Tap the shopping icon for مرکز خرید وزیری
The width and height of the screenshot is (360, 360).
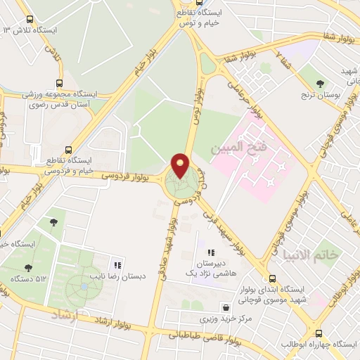pos(225,307)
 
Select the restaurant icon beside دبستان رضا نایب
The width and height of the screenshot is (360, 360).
pos(117,265)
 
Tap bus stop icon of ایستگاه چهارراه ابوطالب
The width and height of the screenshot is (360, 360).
pos(320,333)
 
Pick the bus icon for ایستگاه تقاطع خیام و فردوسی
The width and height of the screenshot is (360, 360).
pos(68,150)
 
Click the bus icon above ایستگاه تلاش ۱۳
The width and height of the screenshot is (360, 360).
pos(29,19)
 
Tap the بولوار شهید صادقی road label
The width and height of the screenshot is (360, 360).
pos(168,243)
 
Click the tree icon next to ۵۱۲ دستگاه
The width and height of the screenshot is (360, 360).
pos(27,268)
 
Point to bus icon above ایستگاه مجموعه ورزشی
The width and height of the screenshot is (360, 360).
pos(59,83)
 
